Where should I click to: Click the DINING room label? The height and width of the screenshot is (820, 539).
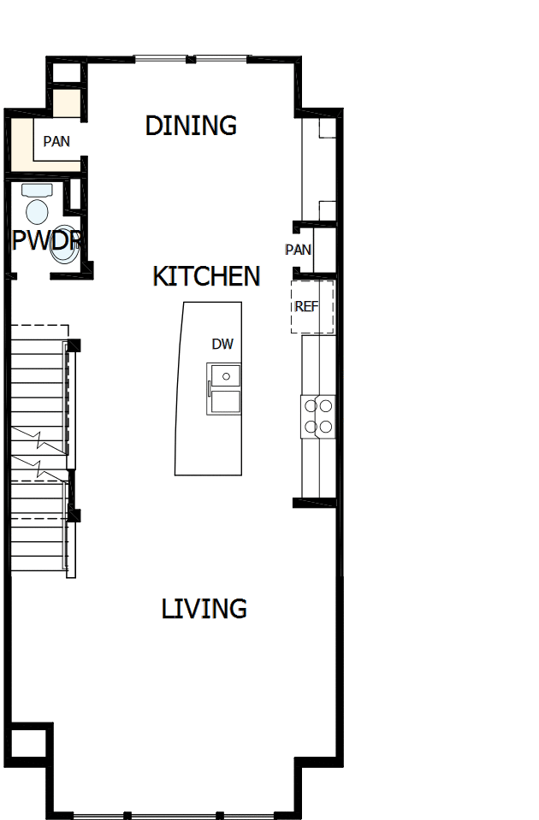191,125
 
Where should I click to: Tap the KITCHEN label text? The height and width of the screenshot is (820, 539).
206,276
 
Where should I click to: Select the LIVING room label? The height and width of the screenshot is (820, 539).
204,609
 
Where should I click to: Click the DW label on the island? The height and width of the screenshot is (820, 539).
222,344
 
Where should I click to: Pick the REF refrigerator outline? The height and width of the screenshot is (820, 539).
311,306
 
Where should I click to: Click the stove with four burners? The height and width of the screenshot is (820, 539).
317,416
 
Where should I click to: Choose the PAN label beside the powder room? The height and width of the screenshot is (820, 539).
56,141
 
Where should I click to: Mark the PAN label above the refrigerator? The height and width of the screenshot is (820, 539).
298,250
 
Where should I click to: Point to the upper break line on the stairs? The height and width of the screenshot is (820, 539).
39,441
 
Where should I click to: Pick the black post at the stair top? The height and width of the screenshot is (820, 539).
74,345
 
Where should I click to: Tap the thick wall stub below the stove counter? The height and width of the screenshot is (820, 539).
313,503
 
